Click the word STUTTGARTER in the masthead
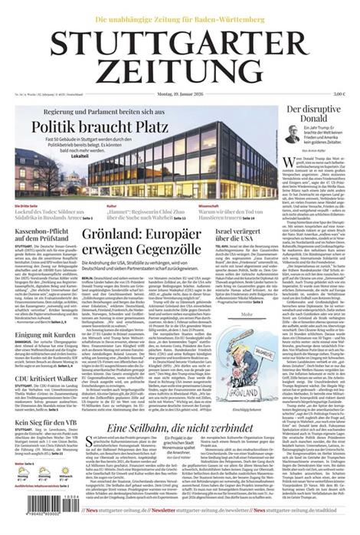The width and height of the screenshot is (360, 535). point(178,44)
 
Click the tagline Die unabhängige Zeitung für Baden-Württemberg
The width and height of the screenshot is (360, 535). point(178,18)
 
